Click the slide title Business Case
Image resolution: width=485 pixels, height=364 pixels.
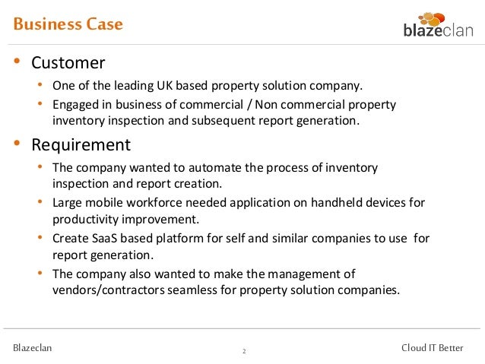(68, 24)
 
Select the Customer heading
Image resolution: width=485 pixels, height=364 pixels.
(68, 62)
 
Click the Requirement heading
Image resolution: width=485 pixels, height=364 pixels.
(81, 144)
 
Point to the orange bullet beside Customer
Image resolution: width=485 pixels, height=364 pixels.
(17, 62)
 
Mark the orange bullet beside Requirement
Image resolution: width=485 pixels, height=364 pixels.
(17, 144)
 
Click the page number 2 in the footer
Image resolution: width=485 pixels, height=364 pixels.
(244, 351)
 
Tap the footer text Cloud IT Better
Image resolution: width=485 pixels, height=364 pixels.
(432, 348)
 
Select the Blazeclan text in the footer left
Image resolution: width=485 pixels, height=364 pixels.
(33, 348)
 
